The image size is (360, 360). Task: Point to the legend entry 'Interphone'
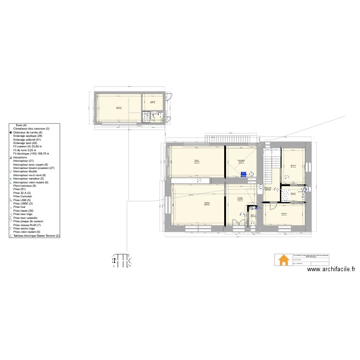pyautogui.click(x=21, y=157)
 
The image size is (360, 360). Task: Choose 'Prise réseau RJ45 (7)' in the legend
pyautogui.click(x=31, y=225)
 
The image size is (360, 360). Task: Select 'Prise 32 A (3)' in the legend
pyautogui.click(x=24, y=192)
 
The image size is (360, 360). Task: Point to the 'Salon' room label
pyautogui.click(x=196, y=160)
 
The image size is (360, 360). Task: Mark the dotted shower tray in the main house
pyautogui.click(x=286, y=195)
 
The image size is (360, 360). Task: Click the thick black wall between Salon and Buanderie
pyautogui.click(x=226, y=162)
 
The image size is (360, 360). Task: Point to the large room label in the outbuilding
pyautogui.click(x=119, y=108)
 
